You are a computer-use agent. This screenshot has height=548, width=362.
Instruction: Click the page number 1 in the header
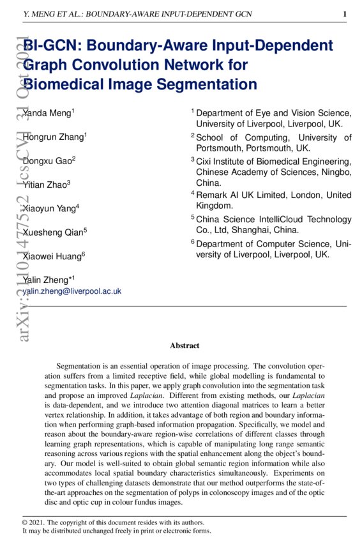click(x=345, y=13)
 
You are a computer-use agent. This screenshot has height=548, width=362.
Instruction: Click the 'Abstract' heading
click(x=185, y=346)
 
